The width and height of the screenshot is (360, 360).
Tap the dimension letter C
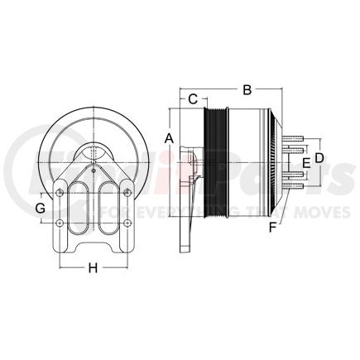(x=192, y=100)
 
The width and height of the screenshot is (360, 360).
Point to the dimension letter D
(x=319, y=158)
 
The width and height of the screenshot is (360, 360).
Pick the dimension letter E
(x=306, y=164)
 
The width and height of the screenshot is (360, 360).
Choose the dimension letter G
(x=39, y=208)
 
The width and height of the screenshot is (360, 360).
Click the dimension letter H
(x=93, y=266)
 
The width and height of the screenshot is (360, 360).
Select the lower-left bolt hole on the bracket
(x=60, y=225)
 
